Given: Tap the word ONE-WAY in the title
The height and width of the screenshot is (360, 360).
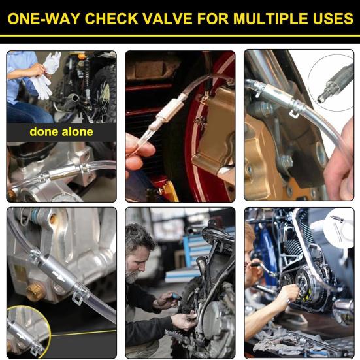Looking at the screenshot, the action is pyautogui.click(x=44, y=18).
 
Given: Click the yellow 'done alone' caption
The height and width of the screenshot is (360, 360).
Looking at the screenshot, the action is pyautogui.click(x=61, y=132).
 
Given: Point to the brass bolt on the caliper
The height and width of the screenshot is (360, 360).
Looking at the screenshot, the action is pyautogui.click(x=35, y=293).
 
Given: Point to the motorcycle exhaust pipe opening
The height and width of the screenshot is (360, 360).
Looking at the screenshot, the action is pyautogui.click(x=75, y=98).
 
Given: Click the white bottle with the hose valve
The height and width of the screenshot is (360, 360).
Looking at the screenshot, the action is pyautogui.click(x=338, y=232).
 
